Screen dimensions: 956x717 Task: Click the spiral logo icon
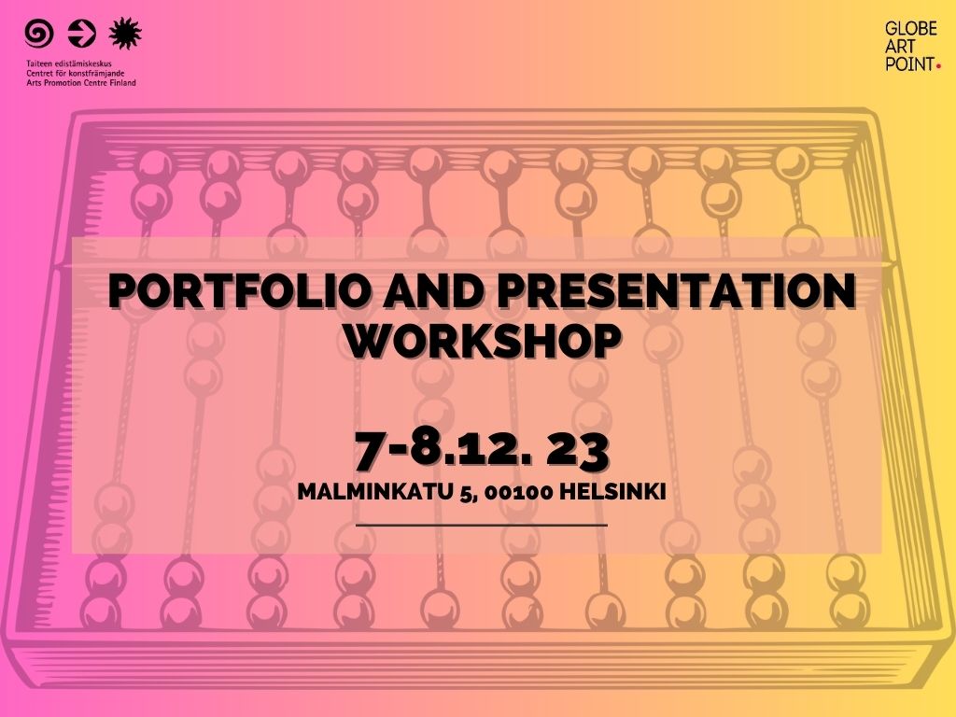[x=39, y=34]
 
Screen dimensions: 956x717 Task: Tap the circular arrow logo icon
[x=82, y=34]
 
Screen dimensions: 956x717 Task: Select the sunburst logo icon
[x=125, y=33]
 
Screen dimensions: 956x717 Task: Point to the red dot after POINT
[x=938, y=66]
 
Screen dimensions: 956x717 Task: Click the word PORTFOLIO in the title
[x=240, y=291]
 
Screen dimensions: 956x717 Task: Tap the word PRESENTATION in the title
[x=678, y=291]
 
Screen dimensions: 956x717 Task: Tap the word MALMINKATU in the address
[x=375, y=491]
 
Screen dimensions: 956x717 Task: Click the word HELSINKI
[x=612, y=491]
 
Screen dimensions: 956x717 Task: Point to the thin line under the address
[x=482, y=525]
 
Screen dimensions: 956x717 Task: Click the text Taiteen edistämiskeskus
[x=69, y=63]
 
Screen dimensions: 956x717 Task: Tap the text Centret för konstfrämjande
[x=75, y=73]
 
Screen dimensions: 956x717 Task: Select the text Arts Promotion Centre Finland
[x=81, y=82]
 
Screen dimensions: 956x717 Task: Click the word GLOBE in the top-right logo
[x=911, y=29]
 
